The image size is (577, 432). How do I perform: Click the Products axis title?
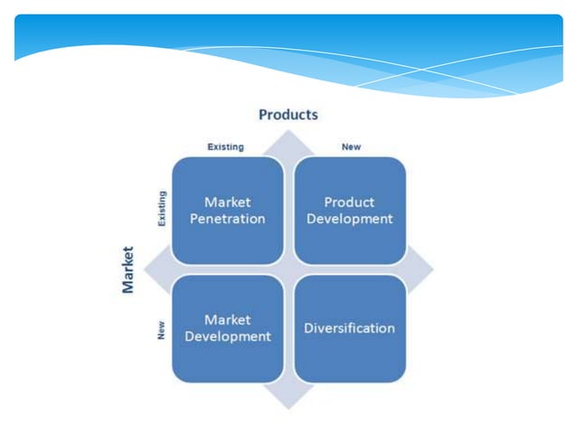(x=288, y=115)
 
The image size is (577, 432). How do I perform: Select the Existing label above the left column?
(x=225, y=146)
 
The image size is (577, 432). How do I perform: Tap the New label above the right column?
(x=351, y=146)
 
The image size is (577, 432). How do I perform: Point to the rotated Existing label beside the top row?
(x=162, y=209)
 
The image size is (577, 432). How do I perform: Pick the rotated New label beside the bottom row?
(x=162, y=331)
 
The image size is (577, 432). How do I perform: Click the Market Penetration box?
(x=227, y=211)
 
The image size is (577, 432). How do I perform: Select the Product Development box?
(x=350, y=211)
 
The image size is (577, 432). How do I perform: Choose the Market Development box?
(x=227, y=328)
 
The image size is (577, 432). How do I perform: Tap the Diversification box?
(x=350, y=328)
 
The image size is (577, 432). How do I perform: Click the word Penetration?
(x=227, y=219)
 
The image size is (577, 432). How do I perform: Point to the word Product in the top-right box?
(x=349, y=202)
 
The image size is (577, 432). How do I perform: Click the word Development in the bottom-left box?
(x=227, y=336)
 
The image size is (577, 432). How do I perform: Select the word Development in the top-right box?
(x=350, y=219)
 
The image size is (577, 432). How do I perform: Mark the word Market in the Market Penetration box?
(x=227, y=202)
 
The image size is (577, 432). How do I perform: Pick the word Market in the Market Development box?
(x=227, y=319)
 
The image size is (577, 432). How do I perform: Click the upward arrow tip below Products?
(x=288, y=136)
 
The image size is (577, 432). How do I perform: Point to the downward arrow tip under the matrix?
(x=288, y=403)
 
